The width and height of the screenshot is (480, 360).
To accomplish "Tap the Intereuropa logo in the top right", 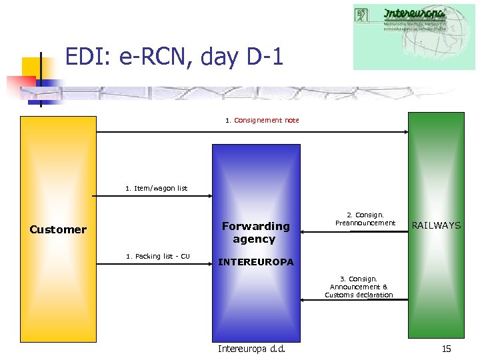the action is tap(413, 37).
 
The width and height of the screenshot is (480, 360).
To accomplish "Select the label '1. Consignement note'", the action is tap(262, 121).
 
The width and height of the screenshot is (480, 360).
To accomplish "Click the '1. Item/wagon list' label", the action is tap(156, 189).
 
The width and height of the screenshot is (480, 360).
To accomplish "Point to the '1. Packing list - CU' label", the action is tap(157, 257).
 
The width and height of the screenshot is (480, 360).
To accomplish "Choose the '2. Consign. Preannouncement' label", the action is tap(365, 219).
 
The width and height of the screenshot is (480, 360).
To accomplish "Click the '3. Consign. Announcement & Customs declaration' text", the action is tap(359, 287).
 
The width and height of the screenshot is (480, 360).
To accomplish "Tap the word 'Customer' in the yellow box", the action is tap(58, 229).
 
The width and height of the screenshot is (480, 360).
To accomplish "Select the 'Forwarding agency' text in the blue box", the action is tap(255, 232).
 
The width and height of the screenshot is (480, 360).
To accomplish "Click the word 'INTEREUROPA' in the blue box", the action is tap(255, 262).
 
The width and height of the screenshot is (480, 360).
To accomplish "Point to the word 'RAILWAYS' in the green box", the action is tap(436, 225).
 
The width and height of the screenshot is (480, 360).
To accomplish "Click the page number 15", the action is tap(446, 349).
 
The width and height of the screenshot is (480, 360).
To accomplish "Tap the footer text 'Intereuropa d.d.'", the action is tap(251, 349).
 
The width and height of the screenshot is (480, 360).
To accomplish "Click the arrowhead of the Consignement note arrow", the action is tap(405, 132).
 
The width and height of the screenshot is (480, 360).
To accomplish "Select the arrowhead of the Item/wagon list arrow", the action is tap(209, 196).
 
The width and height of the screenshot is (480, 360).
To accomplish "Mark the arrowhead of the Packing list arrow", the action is tap(209, 264).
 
